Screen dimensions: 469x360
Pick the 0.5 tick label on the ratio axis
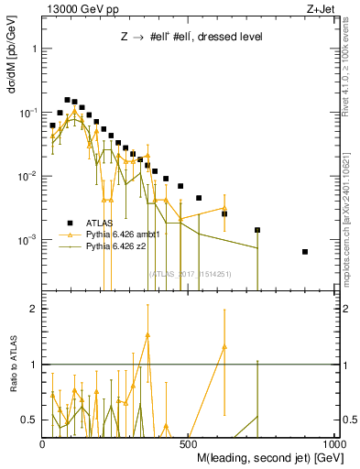pos(30,420)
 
